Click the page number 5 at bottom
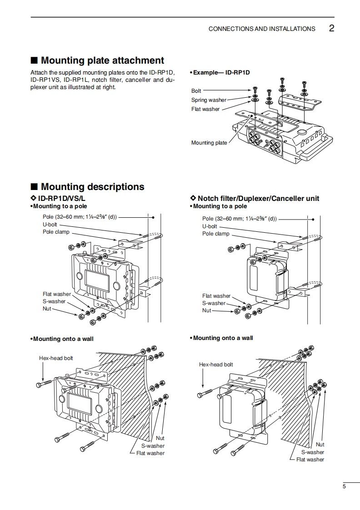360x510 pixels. click(x=344, y=487)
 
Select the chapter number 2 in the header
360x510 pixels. click(x=331, y=28)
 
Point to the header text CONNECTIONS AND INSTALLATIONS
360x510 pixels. click(x=261, y=29)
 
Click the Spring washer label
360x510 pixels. click(x=205, y=100)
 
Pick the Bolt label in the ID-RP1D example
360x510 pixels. click(x=196, y=91)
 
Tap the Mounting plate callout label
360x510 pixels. click(x=209, y=143)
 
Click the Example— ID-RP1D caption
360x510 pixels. click(x=221, y=72)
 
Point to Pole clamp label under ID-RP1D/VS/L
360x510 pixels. click(x=56, y=232)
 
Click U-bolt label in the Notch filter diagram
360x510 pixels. click(x=210, y=226)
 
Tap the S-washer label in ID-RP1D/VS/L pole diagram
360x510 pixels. click(x=54, y=301)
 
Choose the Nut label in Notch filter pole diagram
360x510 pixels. click(x=207, y=310)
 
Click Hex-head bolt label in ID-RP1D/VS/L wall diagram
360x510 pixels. click(x=56, y=358)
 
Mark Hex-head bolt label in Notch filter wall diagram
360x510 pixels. click(x=216, y=365)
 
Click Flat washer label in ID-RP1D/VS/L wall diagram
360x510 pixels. click(x=150, y=453)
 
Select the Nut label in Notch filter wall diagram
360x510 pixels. click(x=320, y=445)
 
